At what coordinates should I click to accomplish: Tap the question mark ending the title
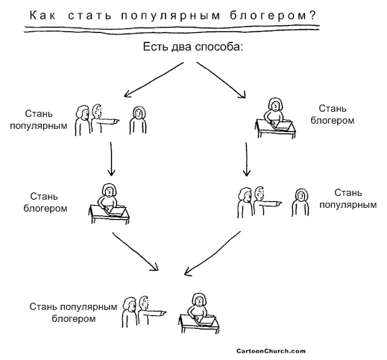tap(312, 16)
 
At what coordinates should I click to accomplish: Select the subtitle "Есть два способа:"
tap(193, 47)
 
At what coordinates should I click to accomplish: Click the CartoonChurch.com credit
tap(271, 351)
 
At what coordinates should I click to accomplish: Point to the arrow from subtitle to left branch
tap(154, 80)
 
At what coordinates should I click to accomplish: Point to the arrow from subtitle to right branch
tap(221, 80)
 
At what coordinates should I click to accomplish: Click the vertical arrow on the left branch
tap(111, 159)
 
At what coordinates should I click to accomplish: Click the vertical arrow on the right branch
tap(247, 160)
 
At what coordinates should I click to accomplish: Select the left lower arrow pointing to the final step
tap(136, 251)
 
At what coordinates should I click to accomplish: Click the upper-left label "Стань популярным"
tap(39, 120)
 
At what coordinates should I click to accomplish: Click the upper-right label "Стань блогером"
tap(333, 115)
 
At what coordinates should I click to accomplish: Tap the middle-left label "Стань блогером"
tap(45, 202)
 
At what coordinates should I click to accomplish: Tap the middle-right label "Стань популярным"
tap(348, 199)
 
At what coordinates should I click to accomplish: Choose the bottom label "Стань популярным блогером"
tap(73, 312)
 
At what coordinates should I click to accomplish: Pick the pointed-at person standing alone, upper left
tap(138, 121)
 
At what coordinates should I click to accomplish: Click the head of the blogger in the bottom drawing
tap(199, 300)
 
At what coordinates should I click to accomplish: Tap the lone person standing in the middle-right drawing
tap(301, 202)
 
